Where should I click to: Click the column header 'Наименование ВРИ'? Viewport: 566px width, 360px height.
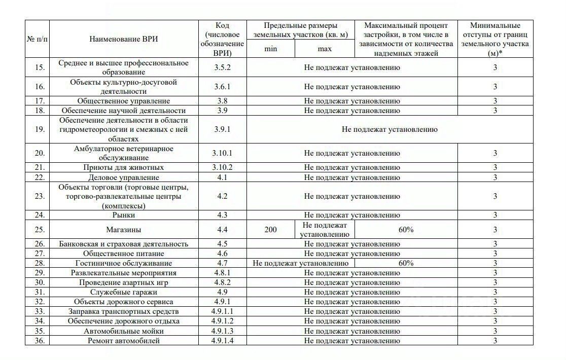(123, 39)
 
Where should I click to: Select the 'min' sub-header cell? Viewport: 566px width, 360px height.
(271, 49)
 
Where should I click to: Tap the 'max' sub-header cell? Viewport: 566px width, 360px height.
(325, 49)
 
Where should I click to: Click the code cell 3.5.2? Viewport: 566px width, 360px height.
(222, 67)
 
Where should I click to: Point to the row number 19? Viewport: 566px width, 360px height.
(40, 129)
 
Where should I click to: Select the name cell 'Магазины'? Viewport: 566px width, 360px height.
(123, 230)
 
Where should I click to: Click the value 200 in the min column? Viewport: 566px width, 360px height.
(271, 230)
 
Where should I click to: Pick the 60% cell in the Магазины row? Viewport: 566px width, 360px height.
(406, 230)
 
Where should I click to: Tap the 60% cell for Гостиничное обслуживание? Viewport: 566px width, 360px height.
(406, 263)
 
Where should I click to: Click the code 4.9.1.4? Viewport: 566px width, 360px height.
(222, 341)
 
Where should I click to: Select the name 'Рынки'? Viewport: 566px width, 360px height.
(123, 215)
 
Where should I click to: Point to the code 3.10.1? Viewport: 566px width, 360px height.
(222, 153)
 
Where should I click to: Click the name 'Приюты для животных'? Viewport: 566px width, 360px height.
(123, 167)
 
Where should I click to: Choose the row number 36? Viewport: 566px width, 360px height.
(40, 341)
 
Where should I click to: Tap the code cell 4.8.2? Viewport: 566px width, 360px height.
(222, 282)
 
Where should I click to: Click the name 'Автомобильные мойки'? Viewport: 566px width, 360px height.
(123, 331)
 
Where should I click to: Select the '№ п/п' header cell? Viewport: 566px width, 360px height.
(38, 39)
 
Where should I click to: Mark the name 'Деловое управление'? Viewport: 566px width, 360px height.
(123, 177)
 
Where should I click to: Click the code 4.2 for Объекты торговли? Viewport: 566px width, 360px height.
(222, 196)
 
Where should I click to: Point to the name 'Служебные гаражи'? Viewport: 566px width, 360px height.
(123, 292)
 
